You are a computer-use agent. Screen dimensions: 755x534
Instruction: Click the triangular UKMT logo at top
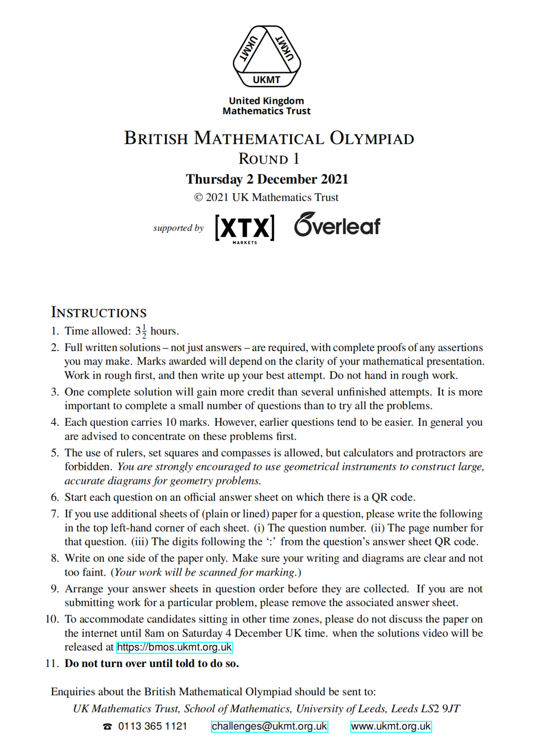click(x=267, y=56)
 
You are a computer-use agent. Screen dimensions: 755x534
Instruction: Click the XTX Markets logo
click(x=245, y=228)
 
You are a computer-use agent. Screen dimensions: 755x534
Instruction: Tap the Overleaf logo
click(x=337, y=225)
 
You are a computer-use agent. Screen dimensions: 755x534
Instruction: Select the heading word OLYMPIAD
click(x=372, y=138)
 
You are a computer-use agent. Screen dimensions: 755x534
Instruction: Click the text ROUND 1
click(x=269, y=159)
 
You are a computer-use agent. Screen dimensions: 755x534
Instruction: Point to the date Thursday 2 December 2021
click(x=267, y=179)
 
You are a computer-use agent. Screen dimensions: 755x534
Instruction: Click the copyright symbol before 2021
click(x=198, y=198)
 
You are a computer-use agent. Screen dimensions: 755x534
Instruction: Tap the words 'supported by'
click(x=178, y=228)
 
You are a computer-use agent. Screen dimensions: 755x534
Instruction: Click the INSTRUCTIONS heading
click(x=99, y=312)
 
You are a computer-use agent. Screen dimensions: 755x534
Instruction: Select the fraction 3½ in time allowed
click(x=141, y=331)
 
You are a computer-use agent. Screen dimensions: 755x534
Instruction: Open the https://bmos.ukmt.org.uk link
click(x=175, y=647)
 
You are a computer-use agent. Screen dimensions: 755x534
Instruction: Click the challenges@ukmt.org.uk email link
click(x=269, y=726)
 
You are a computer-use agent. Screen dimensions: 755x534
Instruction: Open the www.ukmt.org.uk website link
click(x=391, y=726)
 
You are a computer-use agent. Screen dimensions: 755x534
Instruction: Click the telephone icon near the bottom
click(x=107, y=726)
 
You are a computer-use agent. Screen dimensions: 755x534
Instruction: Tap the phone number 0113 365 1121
click(x=153, y=726)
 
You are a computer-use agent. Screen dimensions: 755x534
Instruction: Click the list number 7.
click(x=55, y=514)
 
